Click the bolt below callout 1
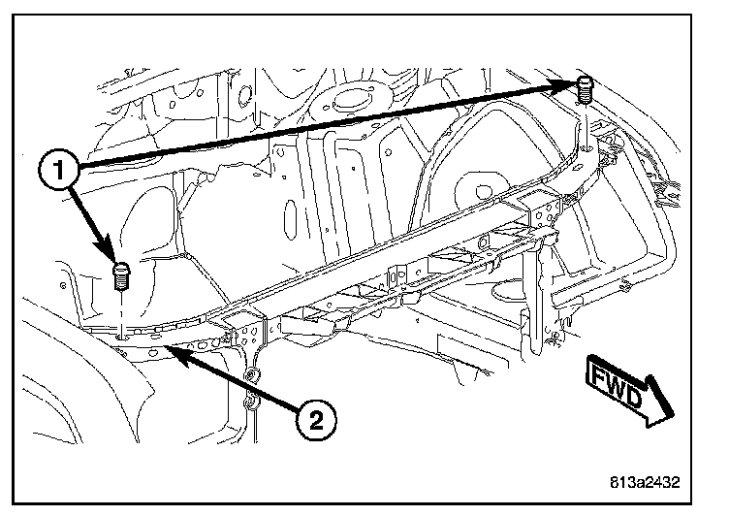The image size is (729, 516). pos(122,275)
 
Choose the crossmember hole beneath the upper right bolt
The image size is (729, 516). pos(586,148)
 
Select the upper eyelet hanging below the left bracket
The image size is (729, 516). pos(249,373)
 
